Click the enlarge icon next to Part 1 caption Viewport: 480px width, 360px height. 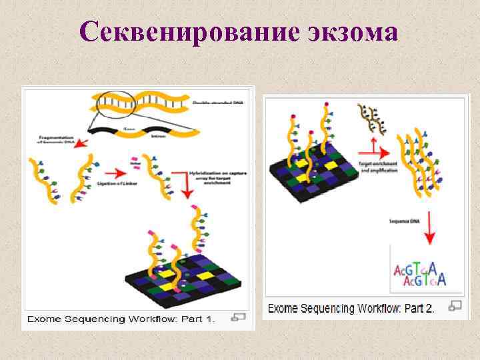[x=238, y=317]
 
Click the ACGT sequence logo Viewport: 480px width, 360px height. [x=419, y=274]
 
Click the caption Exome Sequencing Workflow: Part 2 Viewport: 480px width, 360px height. [x=351, y=308]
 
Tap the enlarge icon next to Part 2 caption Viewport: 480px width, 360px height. [x=455, y=306]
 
